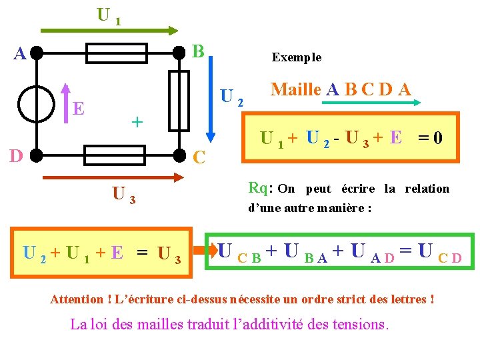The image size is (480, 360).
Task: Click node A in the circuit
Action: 37,53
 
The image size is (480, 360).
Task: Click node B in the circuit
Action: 179,53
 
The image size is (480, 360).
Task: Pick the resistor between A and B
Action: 117,53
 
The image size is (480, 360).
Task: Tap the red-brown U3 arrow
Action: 113,178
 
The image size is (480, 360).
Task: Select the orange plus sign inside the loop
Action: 137,121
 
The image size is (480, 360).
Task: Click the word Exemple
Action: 297,57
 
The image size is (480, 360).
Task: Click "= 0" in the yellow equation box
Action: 430,138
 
